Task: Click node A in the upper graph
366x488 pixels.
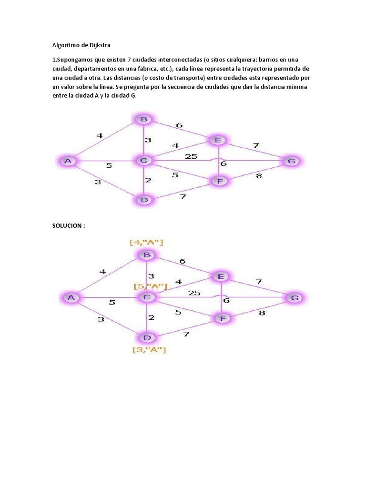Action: pos(68,161)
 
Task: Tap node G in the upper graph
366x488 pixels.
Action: pos(291,161)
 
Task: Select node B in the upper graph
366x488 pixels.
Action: pos(143,119)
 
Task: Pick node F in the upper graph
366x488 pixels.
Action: pos(219,181)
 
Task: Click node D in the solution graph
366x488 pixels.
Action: pos(147,338)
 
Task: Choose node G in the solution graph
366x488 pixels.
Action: pos(295,298)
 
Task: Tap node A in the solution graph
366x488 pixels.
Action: pos(71,298)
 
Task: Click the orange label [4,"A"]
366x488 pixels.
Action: pos(147,243)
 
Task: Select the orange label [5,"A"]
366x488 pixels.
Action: pos(151,286)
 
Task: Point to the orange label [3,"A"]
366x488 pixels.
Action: pos(149,350)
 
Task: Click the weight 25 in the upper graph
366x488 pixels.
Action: pos(191,156)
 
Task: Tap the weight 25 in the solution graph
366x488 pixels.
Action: pos(194,293)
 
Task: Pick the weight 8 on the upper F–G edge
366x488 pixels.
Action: pos(259,176)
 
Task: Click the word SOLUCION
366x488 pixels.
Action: pos(68,225)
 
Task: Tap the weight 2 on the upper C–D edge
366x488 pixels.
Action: pos(148,180)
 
